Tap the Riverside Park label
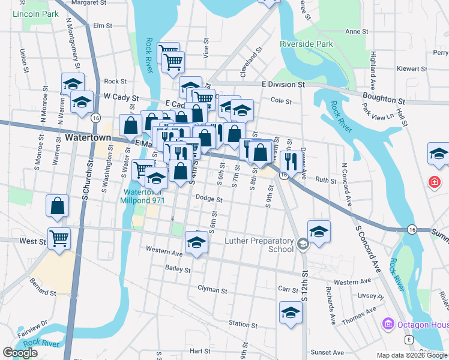[x=306, y=44]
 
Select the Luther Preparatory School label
[x=259, y=245]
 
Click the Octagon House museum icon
[x=388, y=325]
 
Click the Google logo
[x=20, y=353]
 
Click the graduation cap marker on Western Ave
[x=196, y=242]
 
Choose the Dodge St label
[x=209, y=199]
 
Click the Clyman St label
[x=212, y=290]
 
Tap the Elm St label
[x=103, y=25]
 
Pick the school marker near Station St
[x=291, y=313]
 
